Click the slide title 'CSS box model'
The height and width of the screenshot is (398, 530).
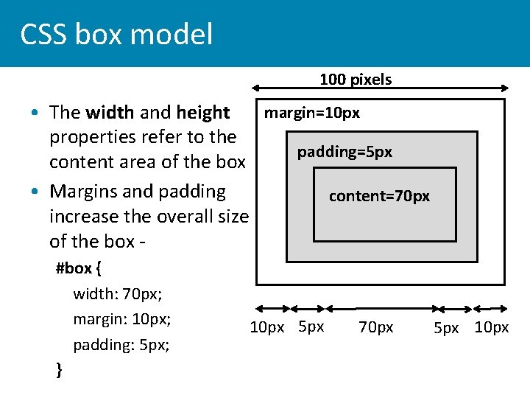(x=116, y=35)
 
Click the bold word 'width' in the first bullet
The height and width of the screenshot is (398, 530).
(x=110, y=113)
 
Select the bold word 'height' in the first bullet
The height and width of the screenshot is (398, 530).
(x=203, y=113)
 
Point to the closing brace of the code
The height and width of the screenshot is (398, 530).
(x=60, y=370)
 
